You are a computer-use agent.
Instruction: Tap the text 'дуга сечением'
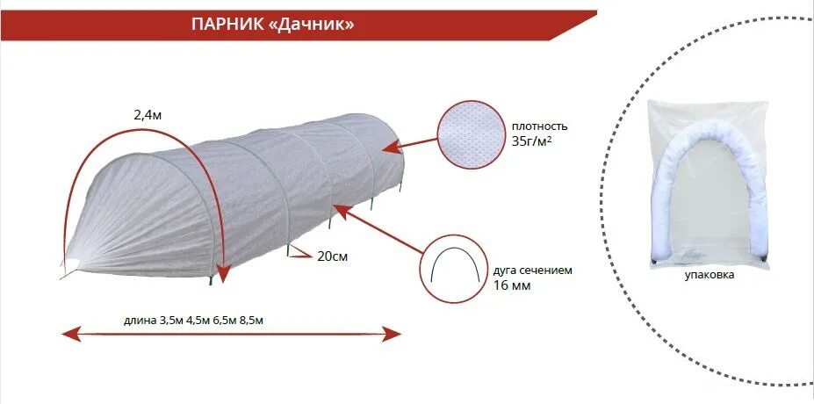532,271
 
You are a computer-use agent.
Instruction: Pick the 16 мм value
512,285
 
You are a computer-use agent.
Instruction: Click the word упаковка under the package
709,275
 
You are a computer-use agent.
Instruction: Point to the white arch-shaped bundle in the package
710,184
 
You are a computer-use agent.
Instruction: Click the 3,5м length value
171,320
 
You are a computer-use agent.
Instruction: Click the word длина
140,320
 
